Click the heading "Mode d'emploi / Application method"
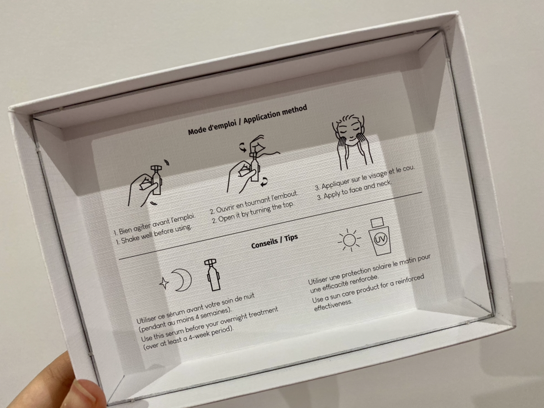tap(248, 120)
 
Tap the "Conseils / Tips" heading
tap(274, 242)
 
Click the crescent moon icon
tap(183, 280)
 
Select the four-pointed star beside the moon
tap(164, 283)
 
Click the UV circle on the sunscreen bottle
tap(380, 239)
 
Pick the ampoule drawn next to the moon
tap(212, 275)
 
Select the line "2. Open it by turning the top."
tap(253, 212)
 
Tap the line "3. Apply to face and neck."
tap(355, 190)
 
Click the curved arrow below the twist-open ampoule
tap(264, 182)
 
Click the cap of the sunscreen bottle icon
tap(377, 222)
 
